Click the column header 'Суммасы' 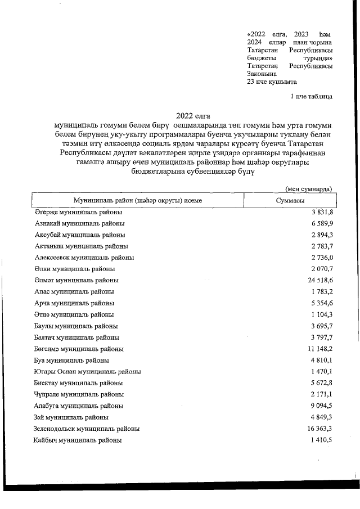(x=290, y=201)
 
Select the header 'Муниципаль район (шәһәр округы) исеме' (x=137, y=201)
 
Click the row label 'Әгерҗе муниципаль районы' (x=79, y=212)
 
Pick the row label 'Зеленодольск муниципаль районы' (x=87, y=429)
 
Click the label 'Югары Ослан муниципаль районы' (x=88, y=371)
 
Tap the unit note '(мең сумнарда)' (x=308, y=188)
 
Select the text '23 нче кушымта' (x=272, y=82)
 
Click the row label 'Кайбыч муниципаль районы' (x=78, y=440)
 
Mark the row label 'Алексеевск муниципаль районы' (x=84, y=258)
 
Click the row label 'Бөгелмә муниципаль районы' (x=79, y=349)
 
